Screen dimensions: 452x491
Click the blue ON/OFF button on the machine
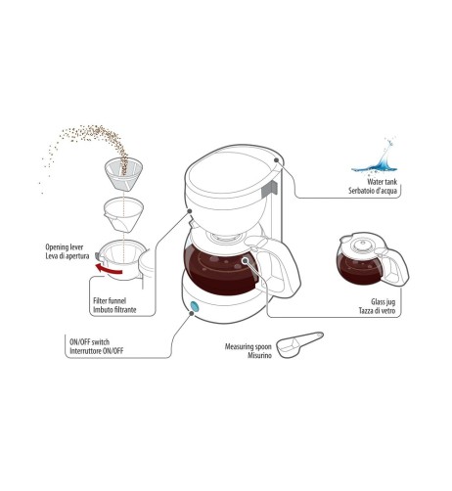(x=195, y=306)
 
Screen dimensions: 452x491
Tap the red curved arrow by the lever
(x=109, y=269)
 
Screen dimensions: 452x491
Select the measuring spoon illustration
(x=300, y=344)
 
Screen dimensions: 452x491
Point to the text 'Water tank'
(x=383, y=182)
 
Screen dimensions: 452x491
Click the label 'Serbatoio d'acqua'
(x=373, y=191)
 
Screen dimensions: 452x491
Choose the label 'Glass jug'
(x=384, y=301)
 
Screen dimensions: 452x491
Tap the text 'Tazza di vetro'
(x=377, y=311)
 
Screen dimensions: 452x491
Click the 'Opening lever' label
(x=65, y=246)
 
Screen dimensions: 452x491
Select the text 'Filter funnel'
(x=110, y=300)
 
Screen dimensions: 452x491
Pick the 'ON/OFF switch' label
(x=90, y=342)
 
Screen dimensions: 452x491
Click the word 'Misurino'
(x=259, y=355)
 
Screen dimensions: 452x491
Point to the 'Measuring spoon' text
(x=249, y=346)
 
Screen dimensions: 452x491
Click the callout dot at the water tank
(x=277, y=160)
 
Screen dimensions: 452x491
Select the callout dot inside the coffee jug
(x=245, y=260)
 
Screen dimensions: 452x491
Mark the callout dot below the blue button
(x=192, y=313)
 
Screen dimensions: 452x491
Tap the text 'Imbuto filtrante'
(x=114, y=310)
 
